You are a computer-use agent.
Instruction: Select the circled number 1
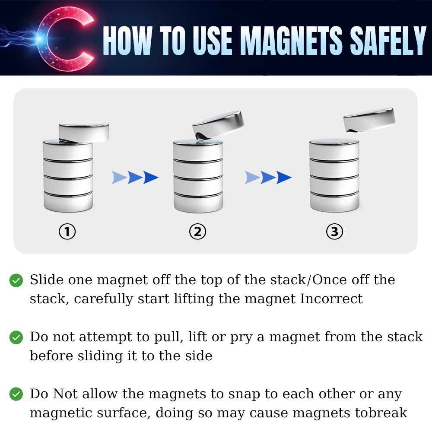pyautogui.click(x=67, y=232)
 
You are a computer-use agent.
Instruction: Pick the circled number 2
pyautogui.click(x=197, y=232)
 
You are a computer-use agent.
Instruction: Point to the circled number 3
pyautogui.click(x=334, y=232)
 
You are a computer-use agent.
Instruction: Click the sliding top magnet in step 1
pyautogui.click(x=84, y=133)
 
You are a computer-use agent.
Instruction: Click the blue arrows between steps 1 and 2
pyautogui.click(x=135, y=177)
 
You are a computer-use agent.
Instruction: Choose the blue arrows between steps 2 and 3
pyautogui.click(x=268, y=177)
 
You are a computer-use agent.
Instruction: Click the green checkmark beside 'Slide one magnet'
pyautogui.click(x=16, y=280)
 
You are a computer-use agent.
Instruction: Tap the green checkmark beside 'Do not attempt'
pyautogui.click(x=16, y=337)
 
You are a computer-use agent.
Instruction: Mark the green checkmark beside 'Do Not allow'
pyautogui.click(x=16, y=394)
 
